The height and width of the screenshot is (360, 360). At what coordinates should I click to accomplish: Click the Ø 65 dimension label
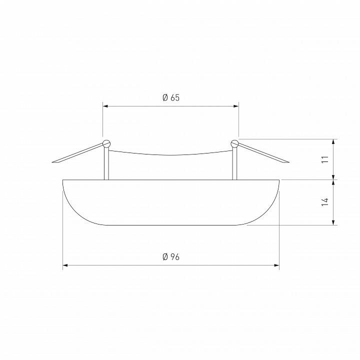[x=171, y=97]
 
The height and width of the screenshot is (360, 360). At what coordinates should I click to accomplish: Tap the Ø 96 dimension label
[x=171, y=257]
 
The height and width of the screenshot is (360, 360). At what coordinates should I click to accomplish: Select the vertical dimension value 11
[x=325, y=159]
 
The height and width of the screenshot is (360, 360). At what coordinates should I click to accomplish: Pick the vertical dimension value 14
[x=325, y=201]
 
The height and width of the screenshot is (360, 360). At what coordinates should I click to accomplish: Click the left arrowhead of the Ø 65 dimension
[x=105, y=106]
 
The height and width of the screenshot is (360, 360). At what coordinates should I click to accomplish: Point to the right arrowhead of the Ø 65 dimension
[x=236, y=106]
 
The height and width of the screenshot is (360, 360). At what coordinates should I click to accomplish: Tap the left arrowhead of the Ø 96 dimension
[x=65, y=265]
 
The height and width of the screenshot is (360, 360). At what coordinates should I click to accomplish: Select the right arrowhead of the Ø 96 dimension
[x=276, y=265]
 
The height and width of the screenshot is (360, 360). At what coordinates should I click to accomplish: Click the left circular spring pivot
[x=106, y=143]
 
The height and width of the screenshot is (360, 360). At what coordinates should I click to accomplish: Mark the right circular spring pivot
[x=235, y=143]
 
